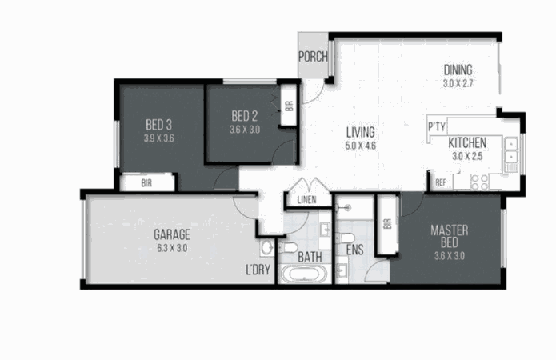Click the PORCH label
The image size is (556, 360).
click(313, 56)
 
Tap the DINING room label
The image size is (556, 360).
click(458, 70)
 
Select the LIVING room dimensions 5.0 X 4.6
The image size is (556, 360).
click(360, 146)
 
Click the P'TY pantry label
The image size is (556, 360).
click(437, 126)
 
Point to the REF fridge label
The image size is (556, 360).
click(441, 182)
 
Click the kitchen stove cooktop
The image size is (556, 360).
click(479, 182)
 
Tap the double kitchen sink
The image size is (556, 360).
click(511, 150)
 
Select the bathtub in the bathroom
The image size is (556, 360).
click(304, 274)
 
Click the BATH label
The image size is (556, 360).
click(310, 257)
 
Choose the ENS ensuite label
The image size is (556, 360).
click(354, 250)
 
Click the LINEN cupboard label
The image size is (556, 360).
click(306, 200)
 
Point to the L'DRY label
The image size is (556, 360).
click(258, 270)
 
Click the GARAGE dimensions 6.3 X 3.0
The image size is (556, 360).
click(172, 248)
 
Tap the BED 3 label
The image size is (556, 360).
click(159, 125)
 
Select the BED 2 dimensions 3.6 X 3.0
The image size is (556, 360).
click(245, 130)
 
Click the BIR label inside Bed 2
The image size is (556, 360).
click(290, 106)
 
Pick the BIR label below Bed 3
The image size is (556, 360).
click(146, 183)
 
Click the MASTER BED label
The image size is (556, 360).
click(450, 237)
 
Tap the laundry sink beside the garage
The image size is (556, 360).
click(267, 247)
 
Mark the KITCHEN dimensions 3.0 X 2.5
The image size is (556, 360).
click(467, 156)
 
